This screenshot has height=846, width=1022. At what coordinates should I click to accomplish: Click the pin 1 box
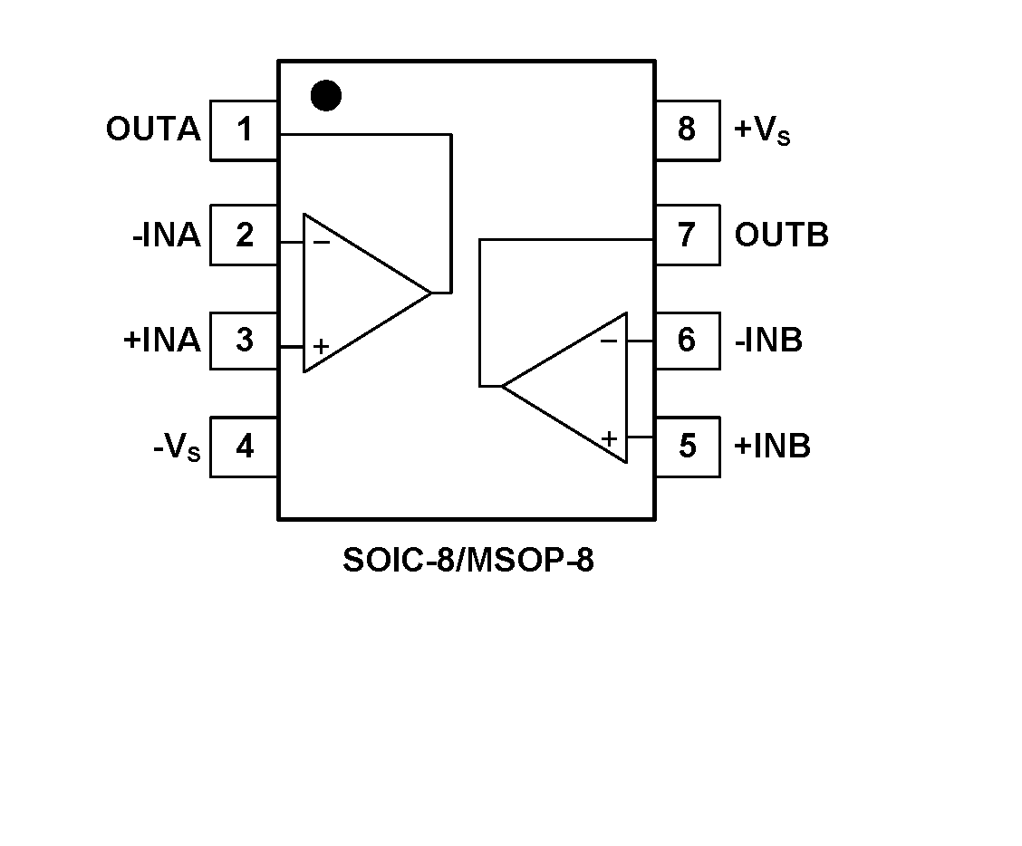click(244, 130)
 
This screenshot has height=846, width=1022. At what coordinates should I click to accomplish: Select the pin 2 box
click(244, 236)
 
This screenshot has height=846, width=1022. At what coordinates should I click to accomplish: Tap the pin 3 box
click(244, 341)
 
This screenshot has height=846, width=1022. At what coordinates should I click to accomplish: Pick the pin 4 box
click(244, 447)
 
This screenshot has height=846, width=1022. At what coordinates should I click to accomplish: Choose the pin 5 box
click(687, 447)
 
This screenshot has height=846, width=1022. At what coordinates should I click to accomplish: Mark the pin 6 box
click(687, 341)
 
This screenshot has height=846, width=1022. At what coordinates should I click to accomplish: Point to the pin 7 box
click(687, 236)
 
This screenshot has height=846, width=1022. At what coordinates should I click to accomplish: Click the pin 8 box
click(687, 130)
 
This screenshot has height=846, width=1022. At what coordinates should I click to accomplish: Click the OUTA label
click(152, 130)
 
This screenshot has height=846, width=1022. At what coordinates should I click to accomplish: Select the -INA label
click(166, 236)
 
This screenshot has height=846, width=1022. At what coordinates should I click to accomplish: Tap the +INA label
click(161, 341)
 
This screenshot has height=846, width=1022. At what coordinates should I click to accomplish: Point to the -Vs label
click(177, 447)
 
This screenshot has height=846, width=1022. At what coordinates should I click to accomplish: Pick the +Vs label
click(762, 131)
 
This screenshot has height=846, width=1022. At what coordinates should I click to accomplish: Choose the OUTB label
click(781, 236)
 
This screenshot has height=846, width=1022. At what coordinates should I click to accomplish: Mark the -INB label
click(768, 341)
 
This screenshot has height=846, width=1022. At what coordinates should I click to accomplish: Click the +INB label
click(772, 447)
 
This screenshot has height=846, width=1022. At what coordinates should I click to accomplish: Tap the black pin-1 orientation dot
click(325, 95)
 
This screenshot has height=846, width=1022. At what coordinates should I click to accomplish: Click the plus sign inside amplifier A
click(321, 347)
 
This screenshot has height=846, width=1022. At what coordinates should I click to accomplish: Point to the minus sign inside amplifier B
click(609, 341)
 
